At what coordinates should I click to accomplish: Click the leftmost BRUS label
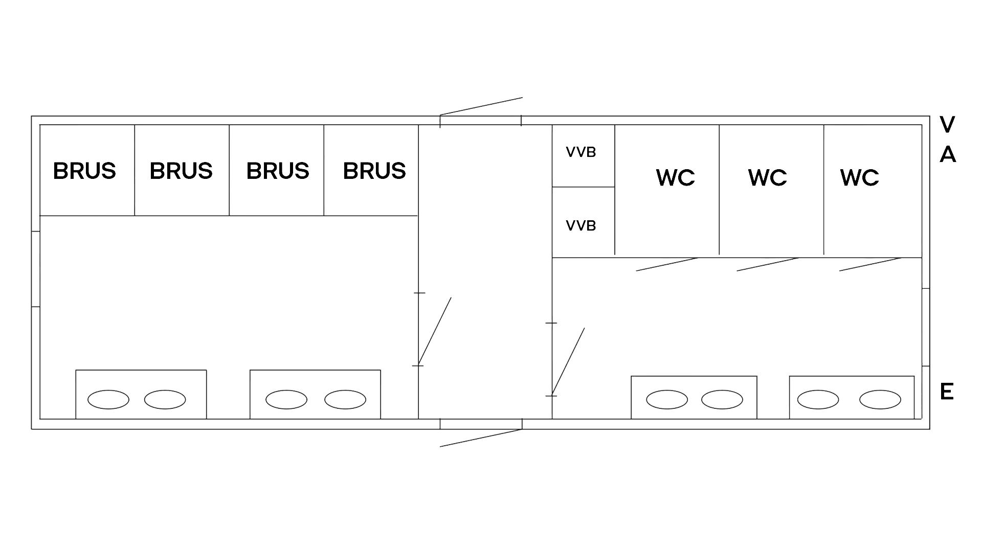pyautogui.click(x=84, y=171)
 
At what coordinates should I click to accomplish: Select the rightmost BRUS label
pyautogui.click(x=374, y=171)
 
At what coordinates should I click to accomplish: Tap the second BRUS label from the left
pyautogui.click(x=181, y=171)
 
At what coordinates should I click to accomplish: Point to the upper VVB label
pyautogui.click(x=581, y=152)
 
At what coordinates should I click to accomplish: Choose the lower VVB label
pyautogui.click(x=581, y=225)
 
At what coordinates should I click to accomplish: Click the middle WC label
pyautogui.click(x=767, y=177)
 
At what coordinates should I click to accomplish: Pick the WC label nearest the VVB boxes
pyautogui.click(x=675, y=177)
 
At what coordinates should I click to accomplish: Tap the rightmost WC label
pyautogui.click(x=859, y=177)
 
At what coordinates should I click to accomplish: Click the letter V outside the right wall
pyautogui.click(x=947, y=124)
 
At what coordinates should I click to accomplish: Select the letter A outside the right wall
pyautogui.click(x=947, y=154)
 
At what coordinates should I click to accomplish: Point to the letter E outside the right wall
pyautogui.click(x=947, y=392)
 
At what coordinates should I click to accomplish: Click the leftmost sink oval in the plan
pyautogui.click(x=108, y=399)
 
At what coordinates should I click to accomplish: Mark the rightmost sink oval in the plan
pyautogui.click(x=880, y=399)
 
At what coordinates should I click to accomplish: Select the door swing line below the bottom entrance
pyautogui.click(x=481, y=439)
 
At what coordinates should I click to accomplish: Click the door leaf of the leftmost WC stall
pyautogui.click(x=666, y=265)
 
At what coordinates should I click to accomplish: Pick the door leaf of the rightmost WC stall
pyautogui.click(x=869, y=265)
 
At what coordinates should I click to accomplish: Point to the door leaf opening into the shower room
pyautogui.click(x=435, y=330)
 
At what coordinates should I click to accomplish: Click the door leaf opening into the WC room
pyautogui.click(x=568, y=361)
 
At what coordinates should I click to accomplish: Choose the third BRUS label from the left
pyautogui.click(x=278, y=171)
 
